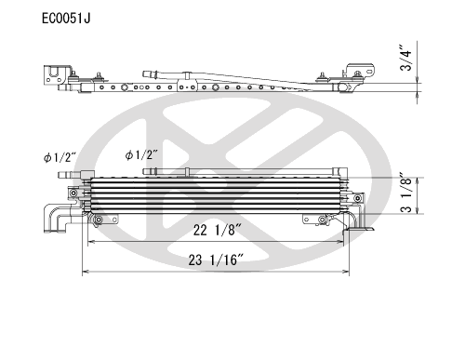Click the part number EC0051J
[66, 19]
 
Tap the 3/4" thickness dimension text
[406, 59]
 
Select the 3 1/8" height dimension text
[406, 193]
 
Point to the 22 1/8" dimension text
[218, 230]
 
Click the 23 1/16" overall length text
[216, 260]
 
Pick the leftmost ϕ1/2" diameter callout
[60, 157]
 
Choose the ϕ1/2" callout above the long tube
[141, 154]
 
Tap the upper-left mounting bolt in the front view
[73, 193]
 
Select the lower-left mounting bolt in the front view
[99, 220]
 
